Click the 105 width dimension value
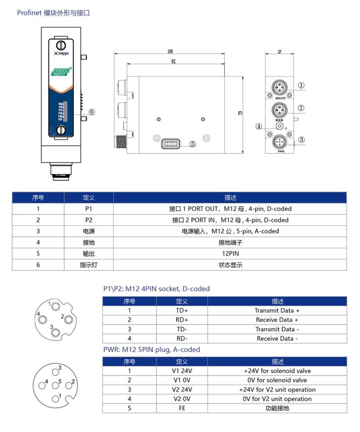click(170, 51)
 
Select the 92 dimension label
click(173, 61)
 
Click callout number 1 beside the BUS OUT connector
click(301, 86)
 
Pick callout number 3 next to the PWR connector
click(301, 139)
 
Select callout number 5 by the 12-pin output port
click(192, 144)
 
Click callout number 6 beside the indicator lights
click(91, 112)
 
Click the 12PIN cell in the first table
click(230, 254)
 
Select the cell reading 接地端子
click(230, 242)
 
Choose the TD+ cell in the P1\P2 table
click(182, 310)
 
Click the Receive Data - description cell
click(276, 338)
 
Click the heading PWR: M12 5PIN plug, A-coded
click(151, 350)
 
